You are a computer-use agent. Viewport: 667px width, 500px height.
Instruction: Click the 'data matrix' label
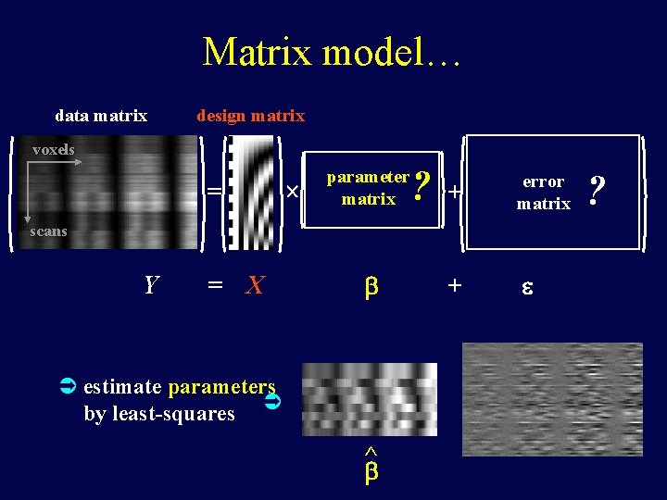tap(101, 116)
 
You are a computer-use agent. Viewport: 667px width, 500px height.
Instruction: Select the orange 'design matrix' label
tap(250, 116)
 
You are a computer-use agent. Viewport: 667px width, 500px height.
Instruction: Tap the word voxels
tap(54, 149)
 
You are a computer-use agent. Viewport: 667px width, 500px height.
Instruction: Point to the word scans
tap(48, 231)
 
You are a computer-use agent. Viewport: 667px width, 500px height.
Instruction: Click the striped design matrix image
tap(251, 193)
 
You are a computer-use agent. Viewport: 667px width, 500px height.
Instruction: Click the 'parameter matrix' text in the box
tap(368, 187)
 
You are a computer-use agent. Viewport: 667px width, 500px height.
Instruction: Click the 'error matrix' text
tap(543, 193)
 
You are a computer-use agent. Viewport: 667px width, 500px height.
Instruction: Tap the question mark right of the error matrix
tap(598, 192)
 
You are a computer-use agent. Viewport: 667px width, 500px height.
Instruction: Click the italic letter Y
tap(151, 285)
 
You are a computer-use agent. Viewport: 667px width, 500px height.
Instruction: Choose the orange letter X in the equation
tap(255, 285)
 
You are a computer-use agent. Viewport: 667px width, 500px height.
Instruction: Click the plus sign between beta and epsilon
tap(454, 285)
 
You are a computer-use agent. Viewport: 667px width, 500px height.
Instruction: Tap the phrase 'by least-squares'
tap(159, 414)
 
